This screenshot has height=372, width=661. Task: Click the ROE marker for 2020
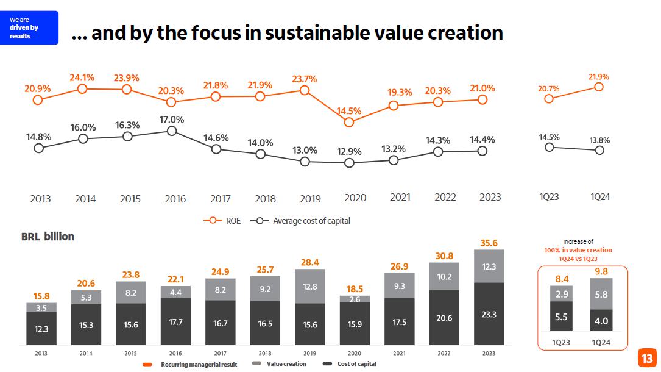[x=349, y=122]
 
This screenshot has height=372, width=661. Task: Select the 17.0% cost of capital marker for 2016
[x=172, y=131]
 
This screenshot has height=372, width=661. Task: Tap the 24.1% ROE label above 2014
[x=82, y=77]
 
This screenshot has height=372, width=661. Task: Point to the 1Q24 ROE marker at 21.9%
[x=599, y=87]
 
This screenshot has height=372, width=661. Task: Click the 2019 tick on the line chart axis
[x=311, y=198]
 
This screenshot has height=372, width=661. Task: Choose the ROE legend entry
[x=226, y=221]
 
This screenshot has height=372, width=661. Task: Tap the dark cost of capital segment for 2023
[x=489, y=315]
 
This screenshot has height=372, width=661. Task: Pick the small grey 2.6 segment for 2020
[x=355, y=299]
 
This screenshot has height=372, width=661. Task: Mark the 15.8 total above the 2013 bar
[x=41, y=296]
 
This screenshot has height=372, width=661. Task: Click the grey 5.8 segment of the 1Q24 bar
[x=601, y=294]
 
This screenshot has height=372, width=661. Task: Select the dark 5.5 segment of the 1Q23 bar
[x=561, y=318]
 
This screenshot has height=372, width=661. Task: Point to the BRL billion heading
[x=48, y=237]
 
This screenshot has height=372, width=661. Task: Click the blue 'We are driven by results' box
[x=29, y=27]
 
